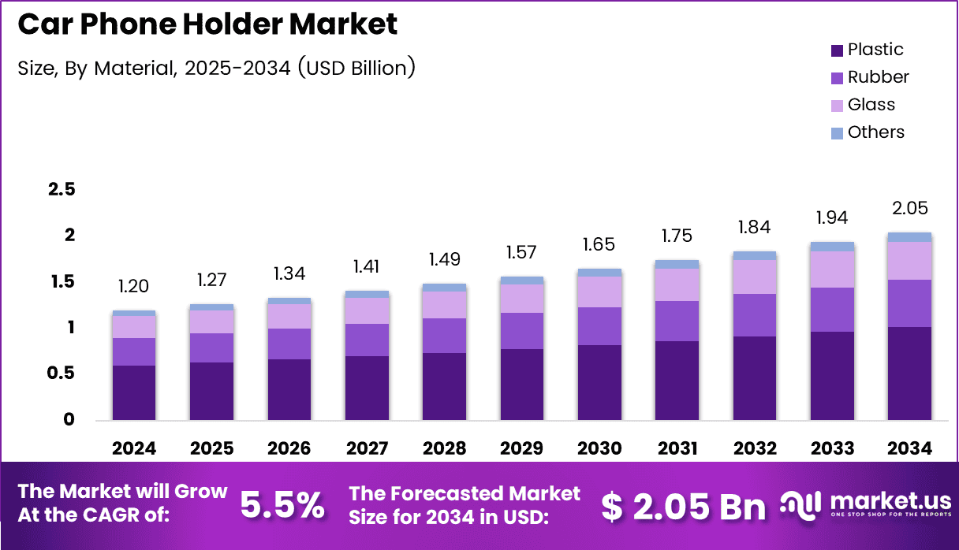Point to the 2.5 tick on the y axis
point(61,189)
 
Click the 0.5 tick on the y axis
point(61,373)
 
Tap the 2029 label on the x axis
point(521,448)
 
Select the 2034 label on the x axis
point(909,448)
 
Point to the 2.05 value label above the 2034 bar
point(909,209)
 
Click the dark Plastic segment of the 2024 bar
point(133,392)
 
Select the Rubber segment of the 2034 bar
point(909,303)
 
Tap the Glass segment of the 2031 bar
point(677,284)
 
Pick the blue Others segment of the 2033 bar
point(832,247)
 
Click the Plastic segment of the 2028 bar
point(444,385)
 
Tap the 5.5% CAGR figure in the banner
point(282,506)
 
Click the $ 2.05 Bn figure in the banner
point(683,507)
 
